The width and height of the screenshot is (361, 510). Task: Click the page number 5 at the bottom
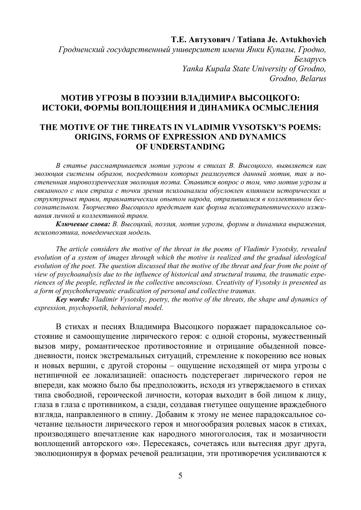pos(180,476)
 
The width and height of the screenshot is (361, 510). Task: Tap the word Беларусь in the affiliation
pos(310,59)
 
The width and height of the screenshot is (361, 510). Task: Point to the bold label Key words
pos(72,299)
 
